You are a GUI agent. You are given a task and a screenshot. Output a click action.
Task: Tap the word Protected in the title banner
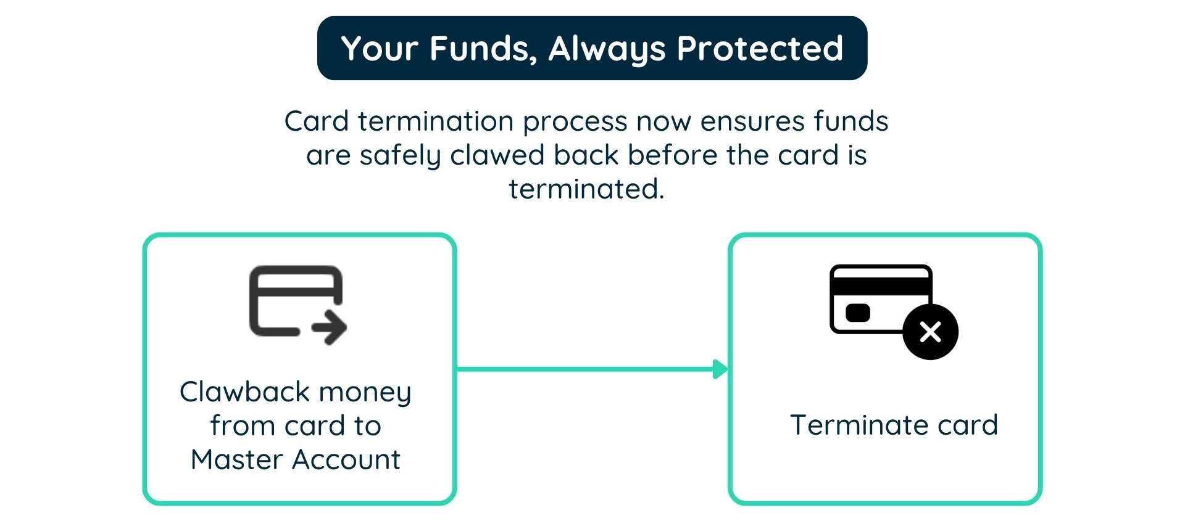coord(760,49)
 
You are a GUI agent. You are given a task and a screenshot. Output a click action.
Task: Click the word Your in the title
coord(380,49)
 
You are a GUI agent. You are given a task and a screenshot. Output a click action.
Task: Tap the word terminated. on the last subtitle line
coord(586,189)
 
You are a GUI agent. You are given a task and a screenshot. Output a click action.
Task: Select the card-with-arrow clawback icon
coord(297,305)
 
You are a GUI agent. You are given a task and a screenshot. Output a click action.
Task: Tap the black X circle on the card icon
coord(930,332)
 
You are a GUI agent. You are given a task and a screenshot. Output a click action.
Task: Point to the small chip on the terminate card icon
coord(858,313)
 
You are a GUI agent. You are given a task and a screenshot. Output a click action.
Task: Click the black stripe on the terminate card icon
coord(881,286)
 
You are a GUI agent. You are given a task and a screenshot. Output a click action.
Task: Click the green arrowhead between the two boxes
coord(720,369)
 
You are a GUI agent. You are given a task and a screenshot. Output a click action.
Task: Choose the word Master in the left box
coord(236,459)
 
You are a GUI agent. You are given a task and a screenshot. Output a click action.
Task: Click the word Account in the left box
coord(346,459)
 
